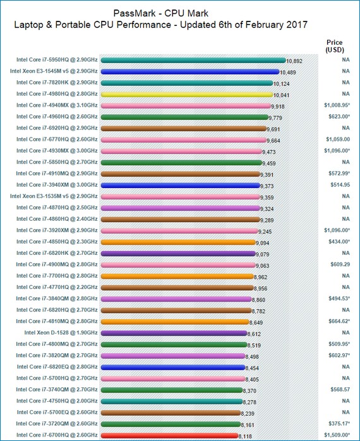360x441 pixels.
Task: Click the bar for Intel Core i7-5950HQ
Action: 193,60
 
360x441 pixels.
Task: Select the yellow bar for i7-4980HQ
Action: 186,95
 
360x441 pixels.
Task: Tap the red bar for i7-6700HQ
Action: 169,435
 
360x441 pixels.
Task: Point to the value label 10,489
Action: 287,73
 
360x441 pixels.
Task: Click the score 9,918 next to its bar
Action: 277,107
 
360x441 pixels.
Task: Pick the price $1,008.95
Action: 337,105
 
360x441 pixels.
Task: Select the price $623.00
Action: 339,117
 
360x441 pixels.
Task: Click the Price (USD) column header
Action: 335,46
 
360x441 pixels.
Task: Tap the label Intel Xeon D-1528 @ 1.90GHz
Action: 61,332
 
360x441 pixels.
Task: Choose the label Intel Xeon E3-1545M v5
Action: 39,71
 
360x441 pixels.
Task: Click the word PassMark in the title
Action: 135,13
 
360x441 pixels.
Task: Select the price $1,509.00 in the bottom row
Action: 337,435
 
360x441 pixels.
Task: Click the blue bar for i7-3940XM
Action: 180,185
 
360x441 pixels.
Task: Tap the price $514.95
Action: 340,185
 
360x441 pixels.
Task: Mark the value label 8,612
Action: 254,334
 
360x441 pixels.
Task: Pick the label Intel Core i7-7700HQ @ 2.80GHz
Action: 57,276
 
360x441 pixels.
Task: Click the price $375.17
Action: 339,423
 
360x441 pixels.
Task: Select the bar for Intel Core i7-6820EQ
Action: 173,367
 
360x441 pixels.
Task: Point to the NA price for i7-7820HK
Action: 345,83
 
